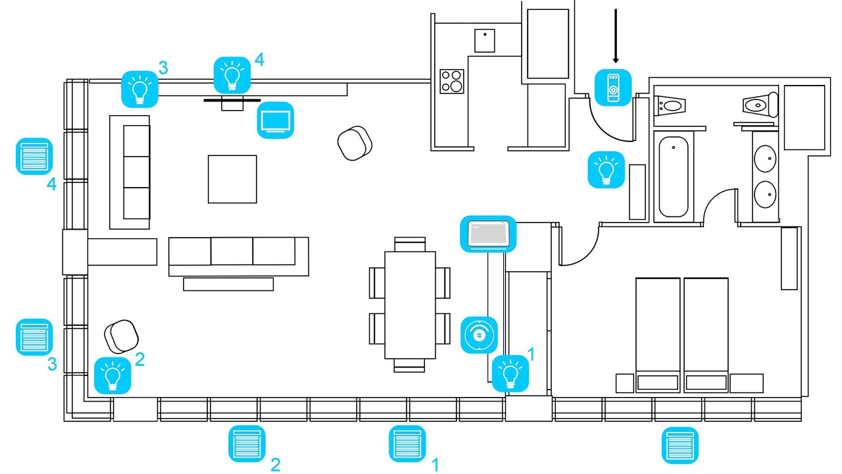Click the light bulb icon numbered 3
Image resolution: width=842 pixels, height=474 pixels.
[x=139, y=89]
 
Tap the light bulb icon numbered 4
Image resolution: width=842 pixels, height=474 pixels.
[x=232, y=75]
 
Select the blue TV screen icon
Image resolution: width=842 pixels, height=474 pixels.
[x=276, y=120]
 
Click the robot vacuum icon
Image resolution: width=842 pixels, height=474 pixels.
[x=479, y=334]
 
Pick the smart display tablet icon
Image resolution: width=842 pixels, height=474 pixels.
[x=487, y=233]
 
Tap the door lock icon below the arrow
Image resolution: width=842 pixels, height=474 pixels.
[x=613, y=87]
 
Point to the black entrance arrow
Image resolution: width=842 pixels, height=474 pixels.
[x=616, y=36]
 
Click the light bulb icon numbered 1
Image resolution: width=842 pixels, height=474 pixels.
[x=510, y=373]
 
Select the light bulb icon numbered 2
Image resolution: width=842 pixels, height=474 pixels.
[x=112, y=375]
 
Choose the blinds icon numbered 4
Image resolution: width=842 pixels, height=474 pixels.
[x=34, y=156]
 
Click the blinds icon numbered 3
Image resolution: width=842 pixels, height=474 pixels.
[x=34, y=336]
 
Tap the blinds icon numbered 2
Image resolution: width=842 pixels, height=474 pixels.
[x=247, y=444]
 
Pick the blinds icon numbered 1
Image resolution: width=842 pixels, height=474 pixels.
[x=408, y=444]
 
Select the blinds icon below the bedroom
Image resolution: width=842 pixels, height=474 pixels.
[x=680, y=445]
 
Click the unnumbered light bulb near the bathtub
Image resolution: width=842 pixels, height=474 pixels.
[x=606, y=170]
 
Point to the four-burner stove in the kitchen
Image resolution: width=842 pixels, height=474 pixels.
[x=452, y=81]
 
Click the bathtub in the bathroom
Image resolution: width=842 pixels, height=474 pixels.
[x=674, y=174]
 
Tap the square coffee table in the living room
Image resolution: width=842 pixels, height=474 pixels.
[x=232, y=179]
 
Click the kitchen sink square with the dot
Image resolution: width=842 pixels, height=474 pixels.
[x=485, y=41]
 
